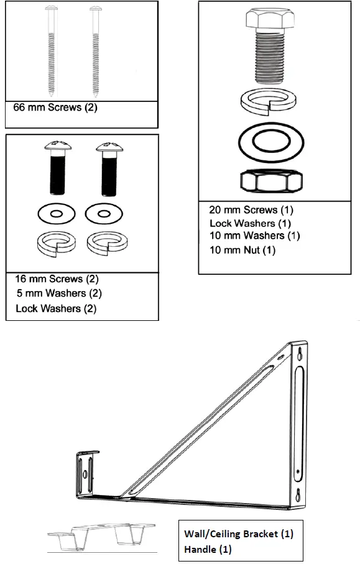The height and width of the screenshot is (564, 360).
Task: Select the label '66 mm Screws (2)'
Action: point(56,107)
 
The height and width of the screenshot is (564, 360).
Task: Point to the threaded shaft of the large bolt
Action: point(270,59)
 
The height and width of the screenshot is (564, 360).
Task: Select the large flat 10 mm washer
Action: point(271,141)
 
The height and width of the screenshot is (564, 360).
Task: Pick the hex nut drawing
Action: point(271,181)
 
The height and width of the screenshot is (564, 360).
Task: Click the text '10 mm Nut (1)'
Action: point(242,250)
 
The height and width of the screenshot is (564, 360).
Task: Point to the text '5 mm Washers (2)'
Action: point(59,293)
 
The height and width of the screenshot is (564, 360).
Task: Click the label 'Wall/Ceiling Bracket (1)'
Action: point(238,534)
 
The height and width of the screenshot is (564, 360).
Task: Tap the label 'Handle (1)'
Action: point(208,549)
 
